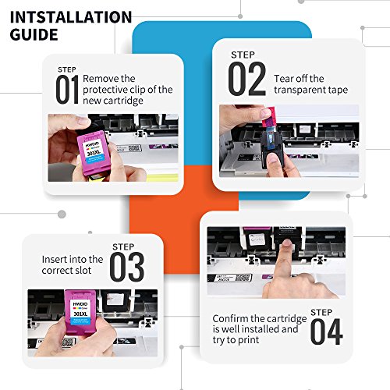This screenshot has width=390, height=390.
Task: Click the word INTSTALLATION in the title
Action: coord(71,17)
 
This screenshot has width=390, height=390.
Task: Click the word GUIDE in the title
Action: coord(34,34)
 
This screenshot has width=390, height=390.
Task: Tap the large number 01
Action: coord(67,90)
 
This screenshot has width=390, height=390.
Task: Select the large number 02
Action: coord(247,79)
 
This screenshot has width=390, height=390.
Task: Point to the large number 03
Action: coord(127,267)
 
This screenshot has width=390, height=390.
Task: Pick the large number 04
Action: coord(327,331)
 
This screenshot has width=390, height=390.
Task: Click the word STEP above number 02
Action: coord(243,55)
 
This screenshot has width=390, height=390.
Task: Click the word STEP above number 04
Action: coord(321,312)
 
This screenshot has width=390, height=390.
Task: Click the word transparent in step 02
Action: coord(298,90)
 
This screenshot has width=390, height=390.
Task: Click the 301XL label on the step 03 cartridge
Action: coord(80,314)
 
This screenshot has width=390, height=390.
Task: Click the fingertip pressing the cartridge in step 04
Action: coord(286,244)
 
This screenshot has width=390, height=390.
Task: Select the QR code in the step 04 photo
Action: coord(244,278)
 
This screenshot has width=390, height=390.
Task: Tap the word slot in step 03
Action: coord(83,271)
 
